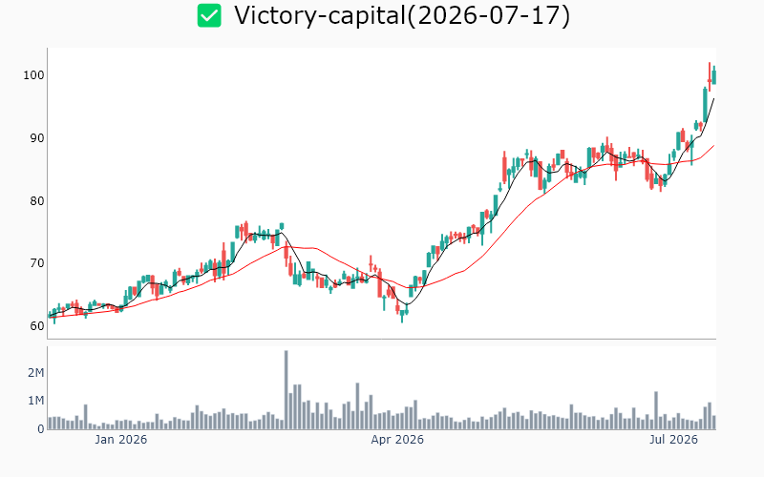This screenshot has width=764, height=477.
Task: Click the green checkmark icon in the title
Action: pos(209,15)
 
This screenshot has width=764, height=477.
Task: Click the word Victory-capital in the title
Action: pos(320,15)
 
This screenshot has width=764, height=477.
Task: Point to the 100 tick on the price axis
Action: pos(33,75)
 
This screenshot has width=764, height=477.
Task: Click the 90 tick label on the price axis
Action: pos(36,138)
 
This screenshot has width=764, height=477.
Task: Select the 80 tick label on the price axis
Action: pos(36,201)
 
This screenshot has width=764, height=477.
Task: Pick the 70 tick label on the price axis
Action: pos(36,263)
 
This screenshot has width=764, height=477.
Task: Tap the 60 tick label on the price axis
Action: pos(36,326)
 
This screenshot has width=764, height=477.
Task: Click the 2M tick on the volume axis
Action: pos(36,373)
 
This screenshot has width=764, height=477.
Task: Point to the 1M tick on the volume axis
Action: pos(36,401)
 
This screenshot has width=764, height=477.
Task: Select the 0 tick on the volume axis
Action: pos(41,429)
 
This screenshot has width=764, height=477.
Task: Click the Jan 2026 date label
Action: pos(121,440)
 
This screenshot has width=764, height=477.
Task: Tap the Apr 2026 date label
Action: pos(397,440)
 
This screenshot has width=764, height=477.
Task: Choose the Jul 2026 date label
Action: pos(673,440)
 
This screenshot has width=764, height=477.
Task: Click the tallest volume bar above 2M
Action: pos(286,390)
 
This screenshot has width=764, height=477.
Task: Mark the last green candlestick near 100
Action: pos(713,76)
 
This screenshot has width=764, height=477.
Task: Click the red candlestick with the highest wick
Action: pos(710,77)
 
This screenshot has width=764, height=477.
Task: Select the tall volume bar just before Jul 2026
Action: pos(656,410)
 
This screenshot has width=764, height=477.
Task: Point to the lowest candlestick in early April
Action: pos(402,315)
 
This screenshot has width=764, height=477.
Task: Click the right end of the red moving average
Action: pos(714,145)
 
